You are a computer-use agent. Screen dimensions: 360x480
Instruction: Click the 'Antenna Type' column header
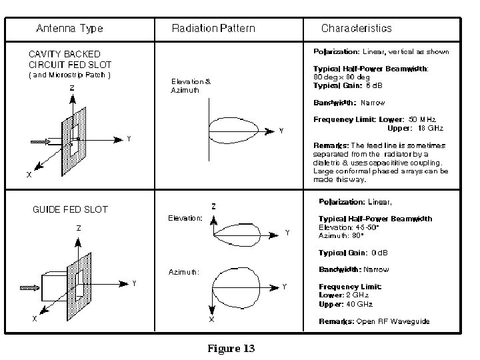tap(69, 28)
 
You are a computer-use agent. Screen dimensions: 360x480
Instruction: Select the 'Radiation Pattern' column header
tap(213, 28)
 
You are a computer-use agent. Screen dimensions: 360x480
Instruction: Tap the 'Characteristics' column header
tap(357, 28)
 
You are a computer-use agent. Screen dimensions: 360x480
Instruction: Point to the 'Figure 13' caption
tap(231, 349)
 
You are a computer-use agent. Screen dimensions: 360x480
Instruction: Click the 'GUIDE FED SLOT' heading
tap(70, 209)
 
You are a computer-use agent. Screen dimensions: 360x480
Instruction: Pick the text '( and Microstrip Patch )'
tap(69, 75)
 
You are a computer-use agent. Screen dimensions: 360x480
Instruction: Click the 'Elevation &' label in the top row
tap(191, 82)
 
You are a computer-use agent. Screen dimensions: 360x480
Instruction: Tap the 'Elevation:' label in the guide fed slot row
tap(185, 218)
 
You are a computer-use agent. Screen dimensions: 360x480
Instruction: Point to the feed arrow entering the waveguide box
tap(31, 288)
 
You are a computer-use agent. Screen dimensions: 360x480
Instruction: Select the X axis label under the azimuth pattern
tap(212, 320)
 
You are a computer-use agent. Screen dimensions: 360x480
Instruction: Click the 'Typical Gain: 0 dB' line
tap(353, 253)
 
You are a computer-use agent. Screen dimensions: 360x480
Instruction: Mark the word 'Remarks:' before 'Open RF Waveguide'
tap(336, 321)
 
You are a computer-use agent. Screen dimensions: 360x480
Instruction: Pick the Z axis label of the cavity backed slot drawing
tap(71, 87)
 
